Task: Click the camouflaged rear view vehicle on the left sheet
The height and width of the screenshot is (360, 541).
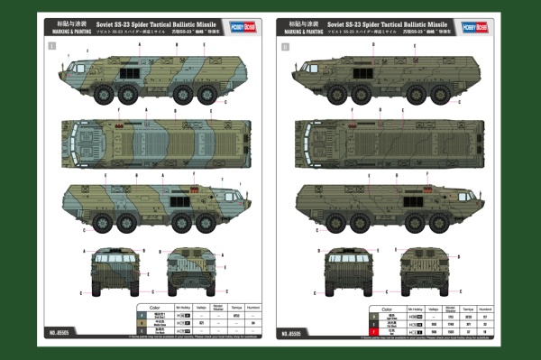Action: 188,269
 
